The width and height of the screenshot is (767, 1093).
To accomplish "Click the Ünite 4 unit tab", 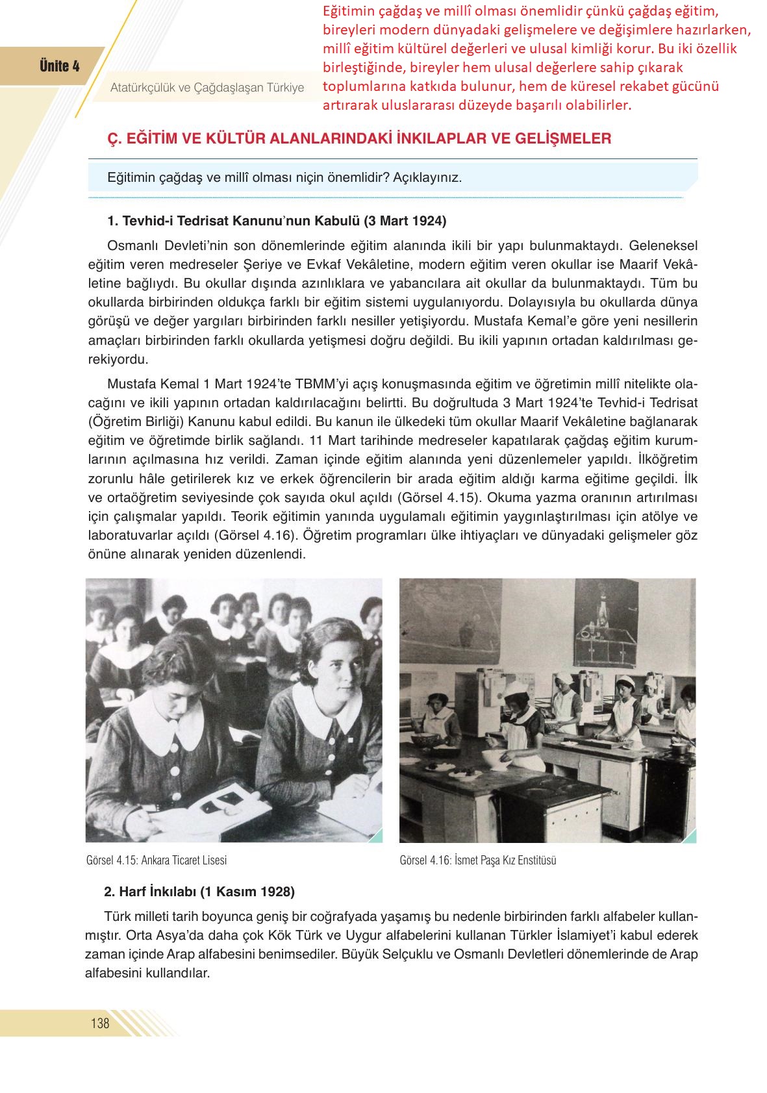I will (x=59, y=66).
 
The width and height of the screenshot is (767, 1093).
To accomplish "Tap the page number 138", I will (x=100, y=1024).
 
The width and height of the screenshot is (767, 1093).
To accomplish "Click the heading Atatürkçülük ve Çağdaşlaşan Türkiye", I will (x=207, y=87).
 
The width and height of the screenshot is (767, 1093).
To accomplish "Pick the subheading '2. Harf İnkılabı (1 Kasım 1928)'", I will (x=199, y=892).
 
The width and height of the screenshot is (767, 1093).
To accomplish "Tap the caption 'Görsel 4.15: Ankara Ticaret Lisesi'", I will (x=157, y=861).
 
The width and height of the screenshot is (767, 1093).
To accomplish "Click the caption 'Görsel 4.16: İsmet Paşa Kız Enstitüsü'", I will (x=478, y=861).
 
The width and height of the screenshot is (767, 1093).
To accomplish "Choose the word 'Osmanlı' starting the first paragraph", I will (x=129, y=245).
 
